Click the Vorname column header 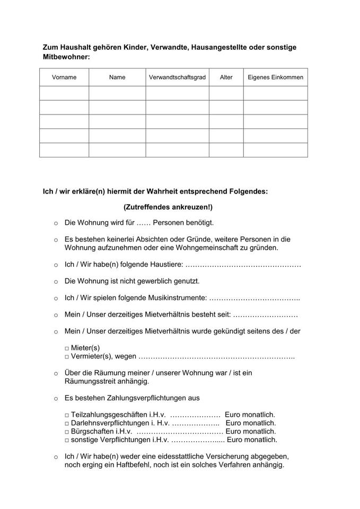point(64,77)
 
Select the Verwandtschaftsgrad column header point(177,77)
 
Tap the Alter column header point(226,77)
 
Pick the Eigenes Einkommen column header point(276,77)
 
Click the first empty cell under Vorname point(64,93)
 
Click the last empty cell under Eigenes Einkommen point(276,150)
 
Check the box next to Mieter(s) point(67,348)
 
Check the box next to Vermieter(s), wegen point(67,357)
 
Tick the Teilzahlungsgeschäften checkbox point(67,415)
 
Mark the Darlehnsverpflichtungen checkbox point(67,424)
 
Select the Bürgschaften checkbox point(67,432)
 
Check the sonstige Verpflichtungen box point(67,441)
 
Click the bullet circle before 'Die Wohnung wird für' point(56,224)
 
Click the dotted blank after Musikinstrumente point(255,299)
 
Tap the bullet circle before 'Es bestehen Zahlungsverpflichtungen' point(56,398)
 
